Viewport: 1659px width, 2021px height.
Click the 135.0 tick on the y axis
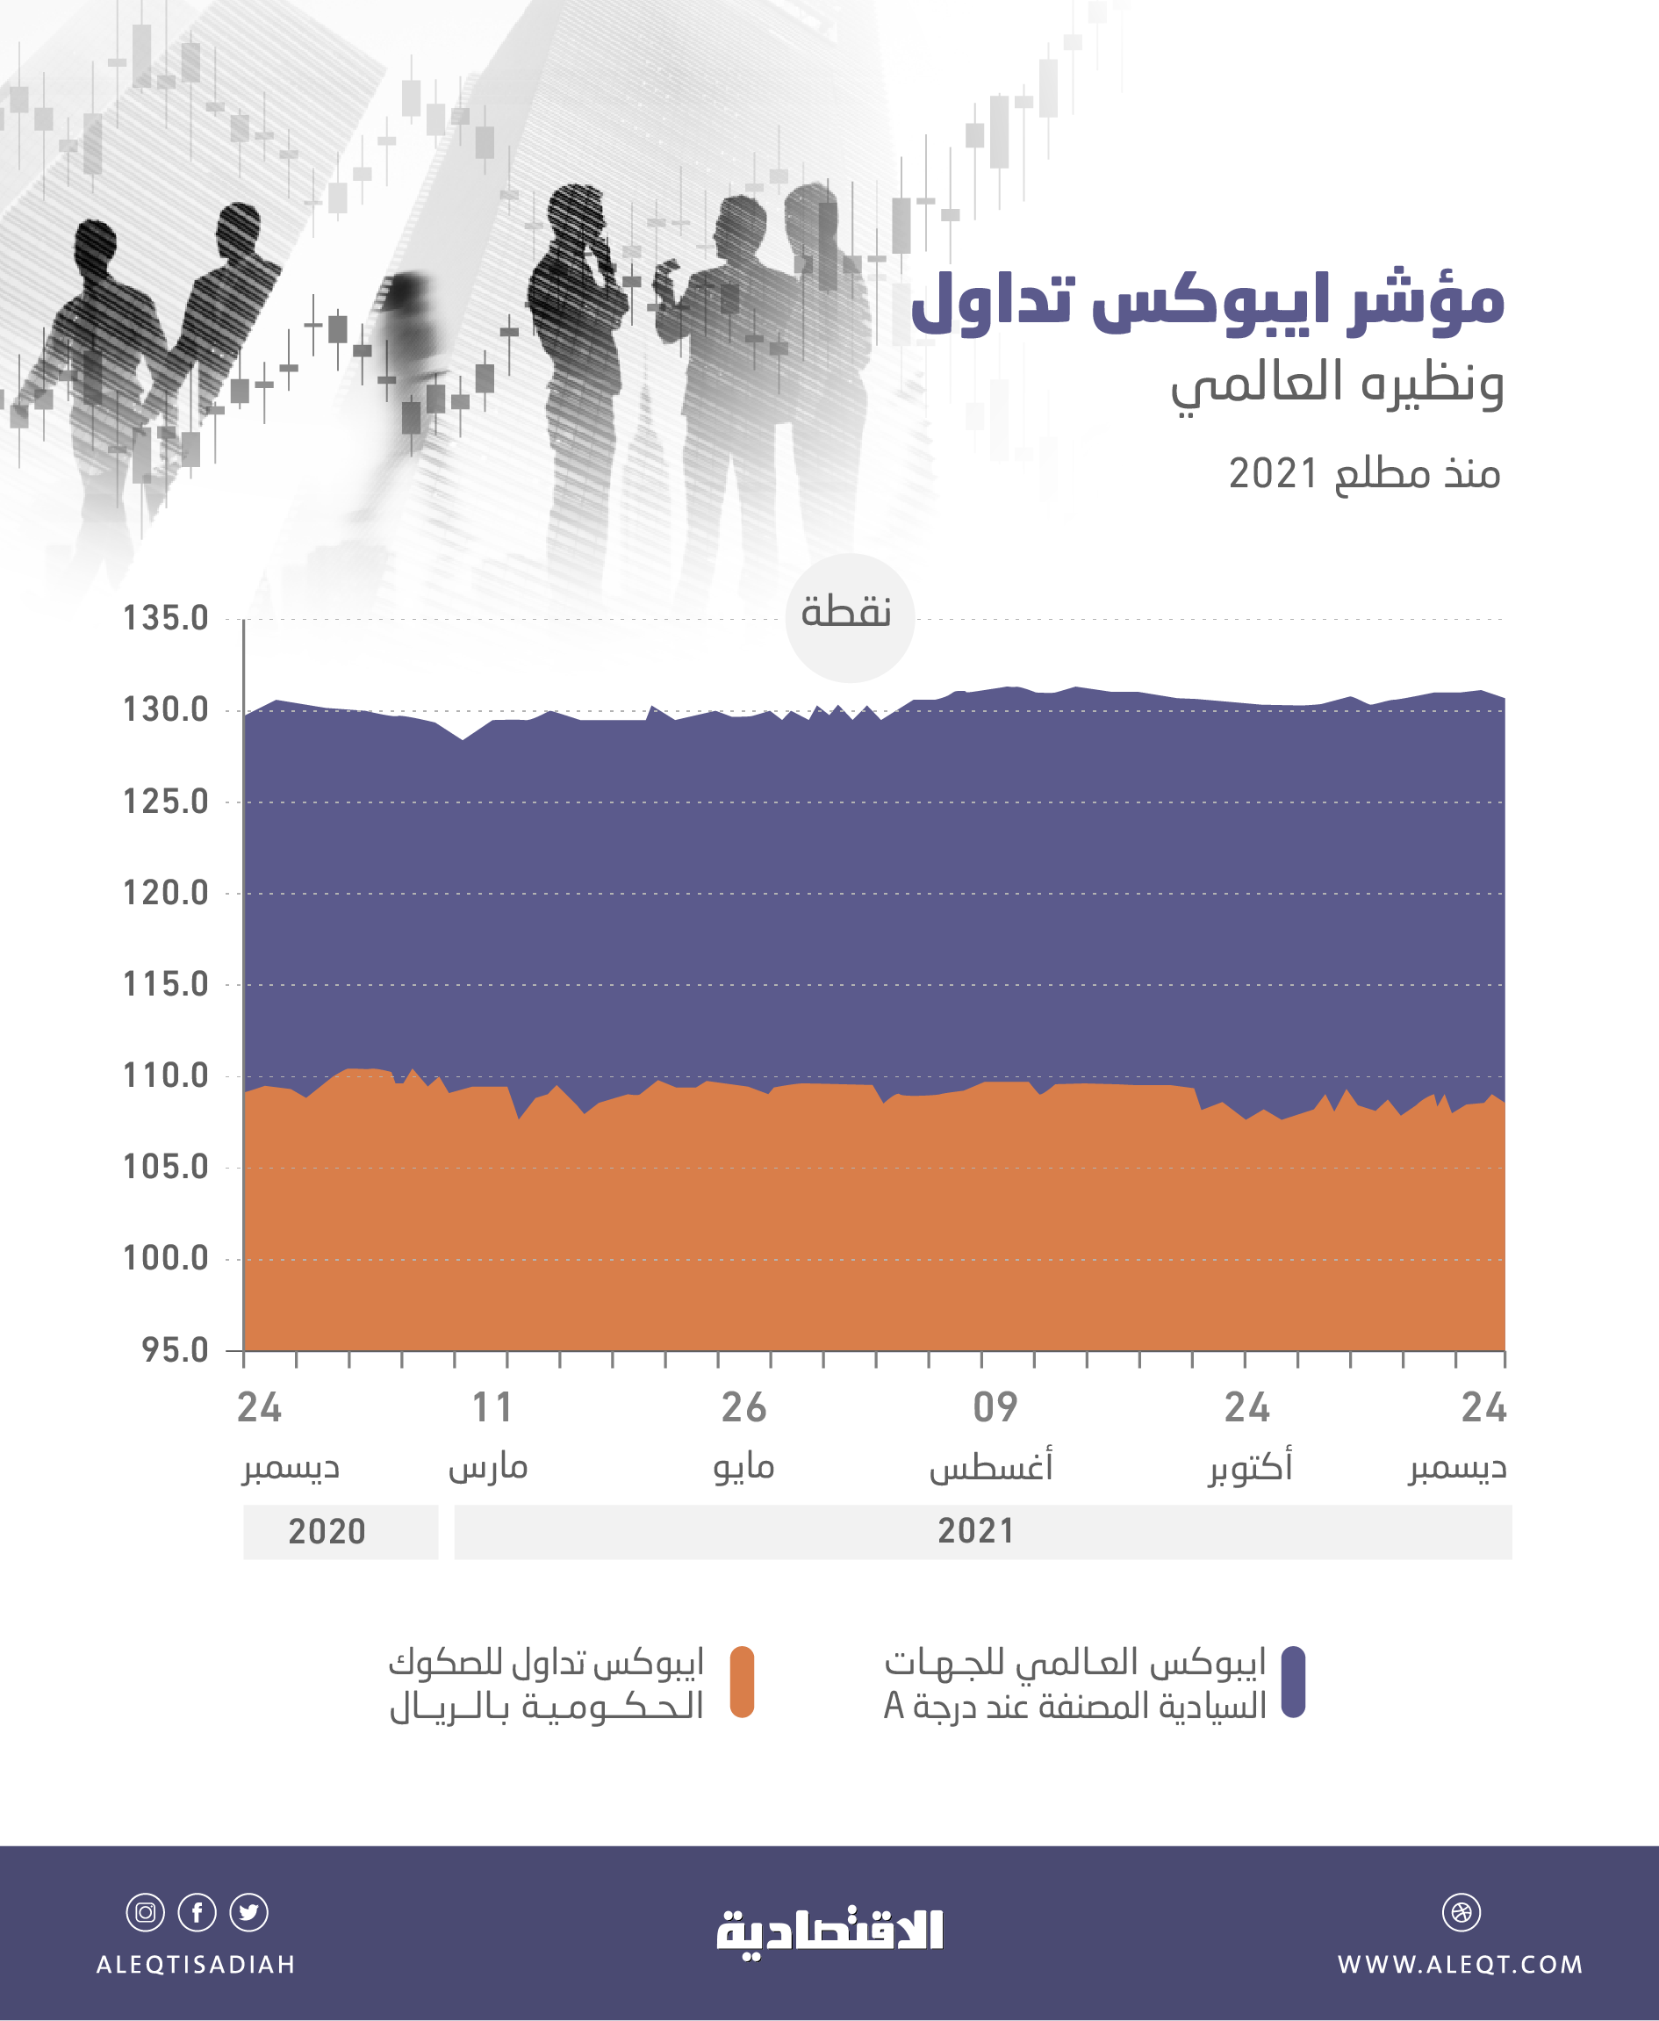[165, 618]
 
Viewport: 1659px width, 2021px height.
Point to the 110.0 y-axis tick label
[165, 1076]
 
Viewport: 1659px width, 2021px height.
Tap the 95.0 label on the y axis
[175, 1350]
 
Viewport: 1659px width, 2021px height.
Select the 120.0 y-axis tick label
[165, 893]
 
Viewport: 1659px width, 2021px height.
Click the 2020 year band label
[327, 1532]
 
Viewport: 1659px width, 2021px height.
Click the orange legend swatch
[742, 1682]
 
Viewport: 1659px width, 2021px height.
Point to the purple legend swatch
[1293, 1682]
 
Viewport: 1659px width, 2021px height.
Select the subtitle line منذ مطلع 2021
[1364, 474]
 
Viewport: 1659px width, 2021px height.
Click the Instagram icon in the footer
[145, 1912]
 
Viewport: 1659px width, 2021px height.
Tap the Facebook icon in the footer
[197, 1912]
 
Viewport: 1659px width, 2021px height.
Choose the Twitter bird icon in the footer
[248, 1912]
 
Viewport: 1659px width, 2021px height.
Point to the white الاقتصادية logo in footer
[829, 1932]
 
